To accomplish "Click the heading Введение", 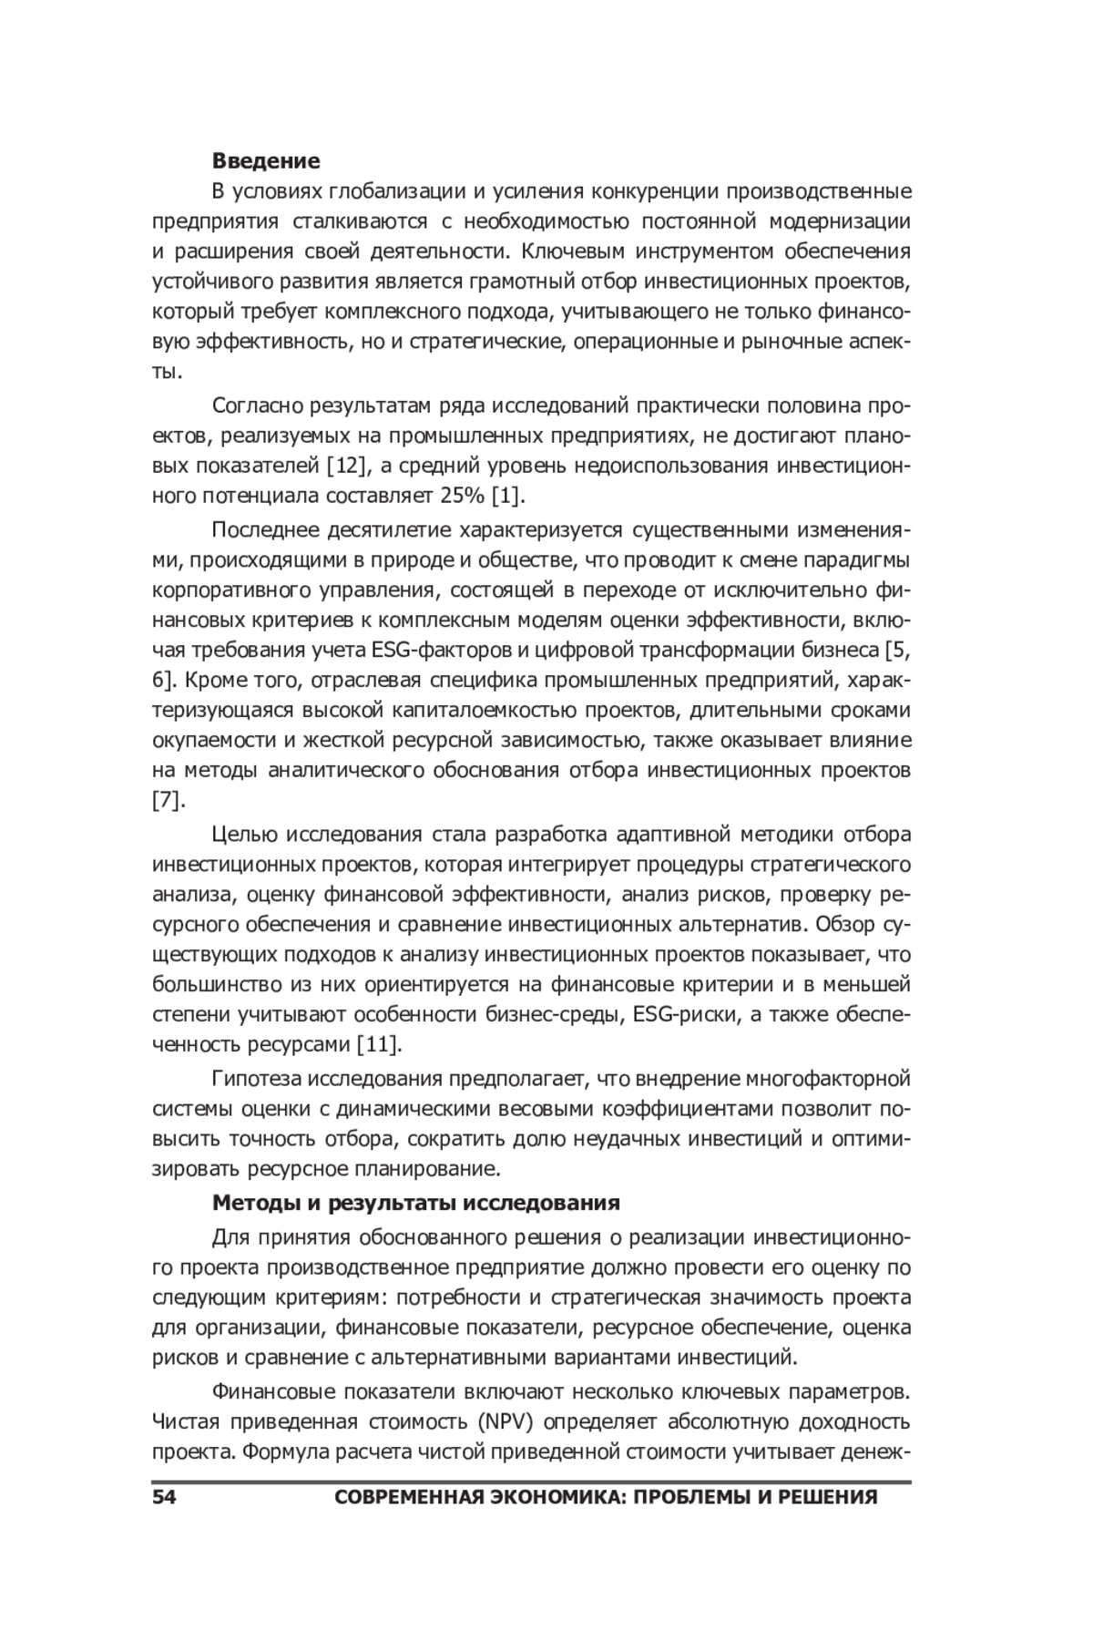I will (266, 161).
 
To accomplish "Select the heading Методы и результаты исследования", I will (415, 1203).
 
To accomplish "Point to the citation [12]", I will (346, 467).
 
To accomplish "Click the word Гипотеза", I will (256, 1080).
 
